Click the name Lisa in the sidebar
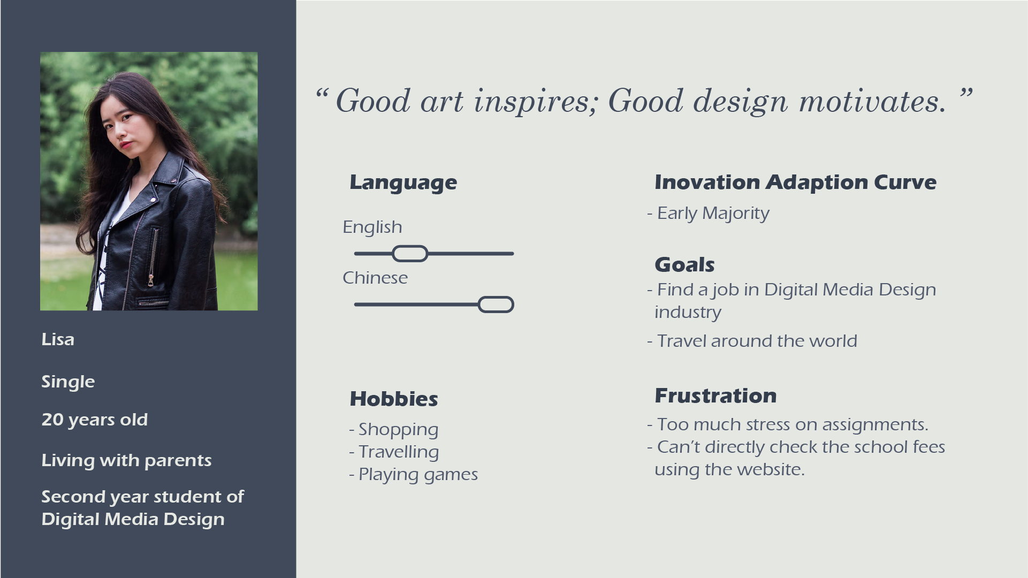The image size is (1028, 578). (x=58, y=339)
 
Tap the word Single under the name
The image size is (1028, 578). (x=68, y=382)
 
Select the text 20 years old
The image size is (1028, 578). (x=95, y=420)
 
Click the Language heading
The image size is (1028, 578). (x=403, y=183)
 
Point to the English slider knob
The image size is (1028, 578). (x=410, y=254)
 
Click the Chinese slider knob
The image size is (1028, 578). (x=496, y=305)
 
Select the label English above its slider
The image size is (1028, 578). (x=372, y=227)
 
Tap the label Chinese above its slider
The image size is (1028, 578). (x=375, y=278)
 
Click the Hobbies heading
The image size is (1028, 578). (x=394, y=399)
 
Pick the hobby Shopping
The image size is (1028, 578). (x=398, y=430)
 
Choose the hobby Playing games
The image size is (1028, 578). (x=418, y=475)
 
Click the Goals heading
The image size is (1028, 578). (x=685, y=265)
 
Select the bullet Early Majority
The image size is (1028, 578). (x=713, y=214)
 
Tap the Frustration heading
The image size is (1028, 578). (x=715, y=396)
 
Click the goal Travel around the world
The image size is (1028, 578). (x=757, y=341)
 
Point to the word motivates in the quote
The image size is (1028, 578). (x=873, y=101)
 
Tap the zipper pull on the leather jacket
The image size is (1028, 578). (x=151, y=280)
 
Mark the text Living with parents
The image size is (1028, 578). (x=126, y=460)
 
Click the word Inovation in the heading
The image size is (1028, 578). (x=707, y=182)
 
